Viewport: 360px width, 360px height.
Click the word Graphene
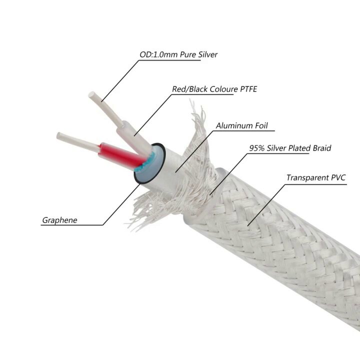click(59, 220)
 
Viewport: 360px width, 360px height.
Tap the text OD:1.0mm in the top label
click(158, 54)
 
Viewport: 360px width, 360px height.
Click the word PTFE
click(248, 89)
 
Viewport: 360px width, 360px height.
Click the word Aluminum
click(234, 125)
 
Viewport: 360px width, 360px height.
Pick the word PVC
click(338, 177)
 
